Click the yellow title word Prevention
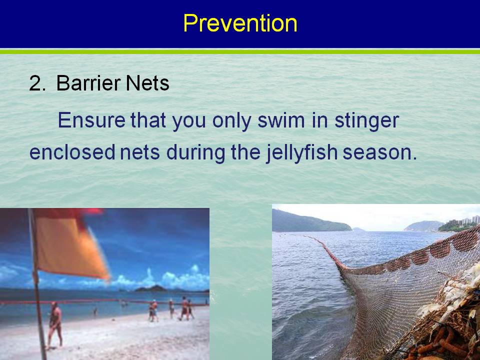pos(240,23)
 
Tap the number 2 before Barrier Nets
pos(37,83)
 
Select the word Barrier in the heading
pos(89,83)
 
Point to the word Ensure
pos(91,120)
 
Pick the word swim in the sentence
pos(281,120)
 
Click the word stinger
pos(366,121)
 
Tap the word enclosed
pos(72,152)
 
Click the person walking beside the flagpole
pos(55,325)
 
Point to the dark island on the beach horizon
pos(151,288)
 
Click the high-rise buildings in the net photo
pos(464,221)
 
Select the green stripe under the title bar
pos(240,51)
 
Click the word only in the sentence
pos(231,121)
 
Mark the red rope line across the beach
pos(104,302)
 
